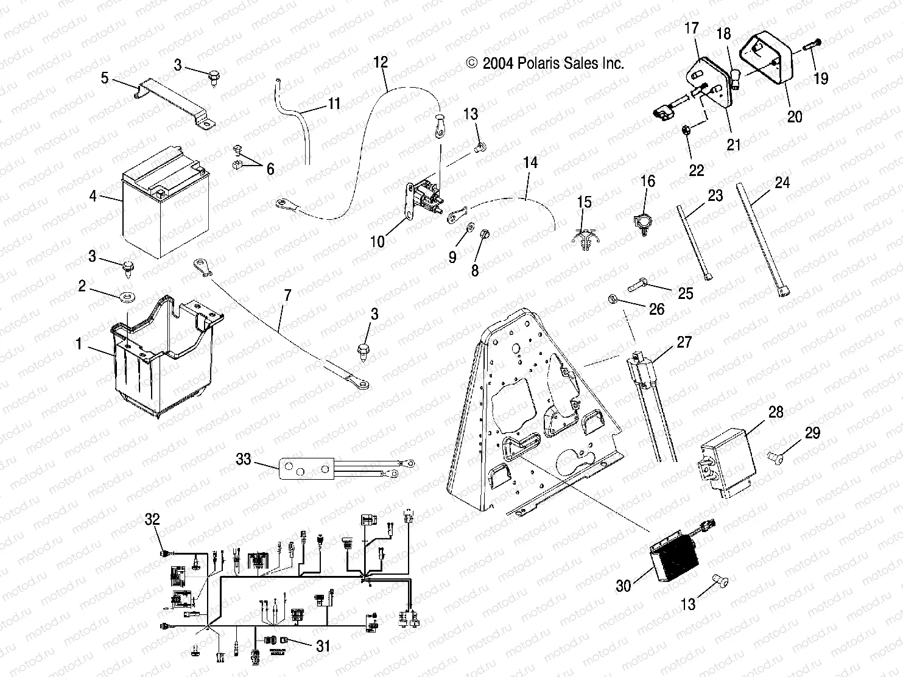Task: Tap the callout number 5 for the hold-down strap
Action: pyautogui.click(x=105, y=78)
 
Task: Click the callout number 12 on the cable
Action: pyautogui.click(x=381, y=62)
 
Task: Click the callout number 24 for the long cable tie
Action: pyautogui.click(x=782, y=182)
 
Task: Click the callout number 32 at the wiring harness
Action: pyautogui.click(x=152, y=519)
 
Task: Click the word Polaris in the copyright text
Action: pyautogui.click(x=538, y=63)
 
